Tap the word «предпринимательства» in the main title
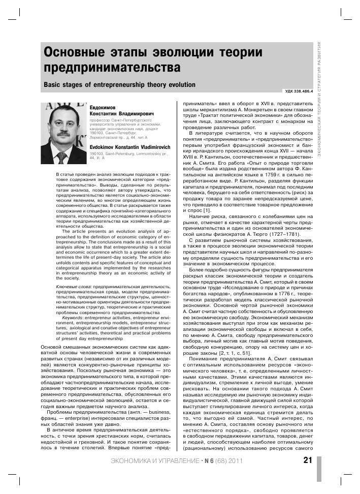click(112, 68)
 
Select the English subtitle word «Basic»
click(54, 84)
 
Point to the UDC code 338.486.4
click(297, 91)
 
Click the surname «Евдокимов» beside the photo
click(105, 107)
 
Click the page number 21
click(307, 461)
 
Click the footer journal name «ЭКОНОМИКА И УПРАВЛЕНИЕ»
click(155, 461)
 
